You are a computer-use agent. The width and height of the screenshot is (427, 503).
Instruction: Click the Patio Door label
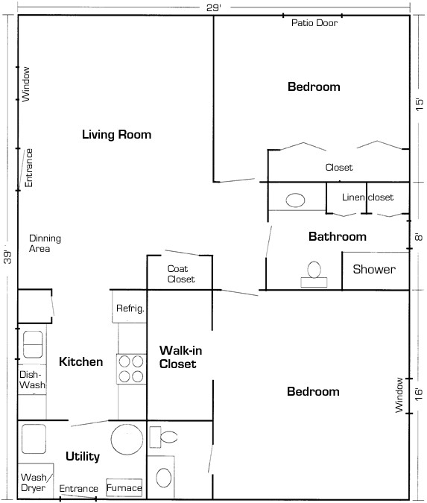(x=314, y=23)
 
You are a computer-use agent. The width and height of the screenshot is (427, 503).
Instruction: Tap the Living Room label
(x=117, y=134)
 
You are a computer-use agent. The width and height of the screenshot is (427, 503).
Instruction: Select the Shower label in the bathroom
(x=374, y=269)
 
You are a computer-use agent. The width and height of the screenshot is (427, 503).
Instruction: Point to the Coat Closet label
(x=181, y=274)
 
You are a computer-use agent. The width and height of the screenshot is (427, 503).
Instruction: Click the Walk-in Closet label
(x=180, y=357)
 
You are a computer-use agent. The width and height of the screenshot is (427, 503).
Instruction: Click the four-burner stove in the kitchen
(x=131, y=369)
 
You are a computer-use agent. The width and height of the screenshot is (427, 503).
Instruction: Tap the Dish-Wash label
(x=32, y=379)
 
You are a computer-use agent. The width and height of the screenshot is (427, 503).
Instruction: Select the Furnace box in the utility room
(x=124, y=487)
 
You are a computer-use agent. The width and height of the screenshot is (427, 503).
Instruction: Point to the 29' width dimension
(x=214, y=7)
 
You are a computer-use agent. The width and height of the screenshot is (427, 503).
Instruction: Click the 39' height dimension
(x=7, y=256)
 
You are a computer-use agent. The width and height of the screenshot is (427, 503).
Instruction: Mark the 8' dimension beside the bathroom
(x=420, y=238)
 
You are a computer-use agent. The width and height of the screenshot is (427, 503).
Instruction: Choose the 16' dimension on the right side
(x=420, y=394)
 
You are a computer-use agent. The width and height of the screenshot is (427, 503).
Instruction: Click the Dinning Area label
(x=45, y=244)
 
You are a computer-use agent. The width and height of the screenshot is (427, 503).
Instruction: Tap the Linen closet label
(x=367, y=197)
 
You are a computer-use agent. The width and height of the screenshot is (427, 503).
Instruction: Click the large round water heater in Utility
(x=127, y=440)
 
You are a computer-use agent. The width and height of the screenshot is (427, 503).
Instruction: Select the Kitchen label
(x=80, y=362)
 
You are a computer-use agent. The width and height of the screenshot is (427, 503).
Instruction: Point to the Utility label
(x=83, y=457)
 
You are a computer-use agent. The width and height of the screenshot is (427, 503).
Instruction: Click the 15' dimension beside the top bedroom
(x=420, y=104)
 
